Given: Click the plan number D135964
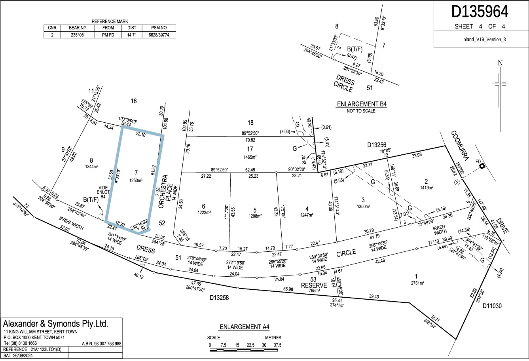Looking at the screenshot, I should tap(480, 12).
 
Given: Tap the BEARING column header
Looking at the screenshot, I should tap(78, 28).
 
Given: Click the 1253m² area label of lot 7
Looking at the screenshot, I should tap(136, 180).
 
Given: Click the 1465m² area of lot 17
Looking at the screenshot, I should tap(250, 157).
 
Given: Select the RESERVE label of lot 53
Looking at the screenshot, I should tap(314, 285).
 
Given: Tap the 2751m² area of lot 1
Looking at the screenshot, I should tap(417, 283).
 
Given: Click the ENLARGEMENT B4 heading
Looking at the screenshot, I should tap(361, 104).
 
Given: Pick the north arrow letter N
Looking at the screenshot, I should tap(500, 63).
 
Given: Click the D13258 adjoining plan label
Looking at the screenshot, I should tap(219, 297).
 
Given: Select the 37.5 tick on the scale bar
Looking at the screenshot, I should tap(277, 345).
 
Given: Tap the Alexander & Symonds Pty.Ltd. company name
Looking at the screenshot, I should tap(55, 323).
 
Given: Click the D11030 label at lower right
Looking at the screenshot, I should tap(492, 306).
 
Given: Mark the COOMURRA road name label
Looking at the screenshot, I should tap(460, 146).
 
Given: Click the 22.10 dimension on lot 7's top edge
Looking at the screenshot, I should tap(140, 135).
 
